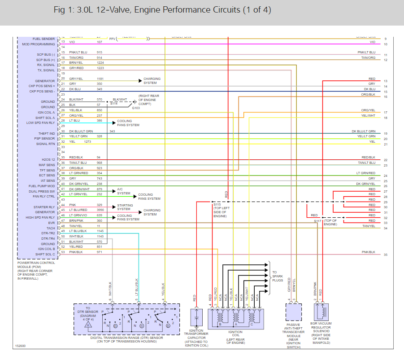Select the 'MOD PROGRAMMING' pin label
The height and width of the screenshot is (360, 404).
(39, 44)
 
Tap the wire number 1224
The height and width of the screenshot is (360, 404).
(100, 63)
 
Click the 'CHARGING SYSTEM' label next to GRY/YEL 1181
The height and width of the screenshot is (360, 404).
(150, 80)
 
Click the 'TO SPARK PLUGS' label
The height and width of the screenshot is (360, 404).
(278, 276)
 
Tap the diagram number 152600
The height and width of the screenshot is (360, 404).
(20, 346)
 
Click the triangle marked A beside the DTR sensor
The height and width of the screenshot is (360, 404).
(89, 325)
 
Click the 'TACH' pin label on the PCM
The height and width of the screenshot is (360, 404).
(50, 228)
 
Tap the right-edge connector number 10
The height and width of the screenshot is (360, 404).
(386, 44)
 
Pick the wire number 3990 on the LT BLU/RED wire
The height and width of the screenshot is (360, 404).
(100, 210)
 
